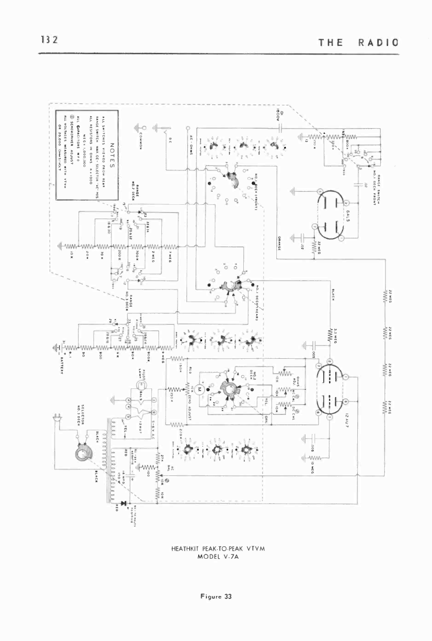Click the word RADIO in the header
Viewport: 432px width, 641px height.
pos(379,42)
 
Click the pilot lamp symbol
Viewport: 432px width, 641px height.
pos(140,386)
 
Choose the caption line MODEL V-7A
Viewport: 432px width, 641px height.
pos(218,556)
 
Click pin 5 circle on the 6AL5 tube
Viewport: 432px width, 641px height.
pos(320,191)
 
